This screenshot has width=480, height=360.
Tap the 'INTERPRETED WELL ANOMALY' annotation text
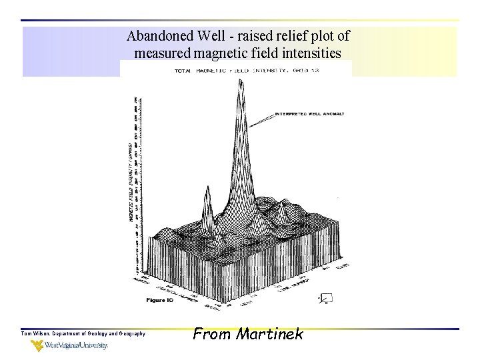click(309, 114)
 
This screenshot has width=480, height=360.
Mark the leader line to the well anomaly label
click(265, 120)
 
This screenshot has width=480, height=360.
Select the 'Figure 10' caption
click(160, 300)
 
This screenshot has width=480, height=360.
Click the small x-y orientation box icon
click(326, 298)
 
